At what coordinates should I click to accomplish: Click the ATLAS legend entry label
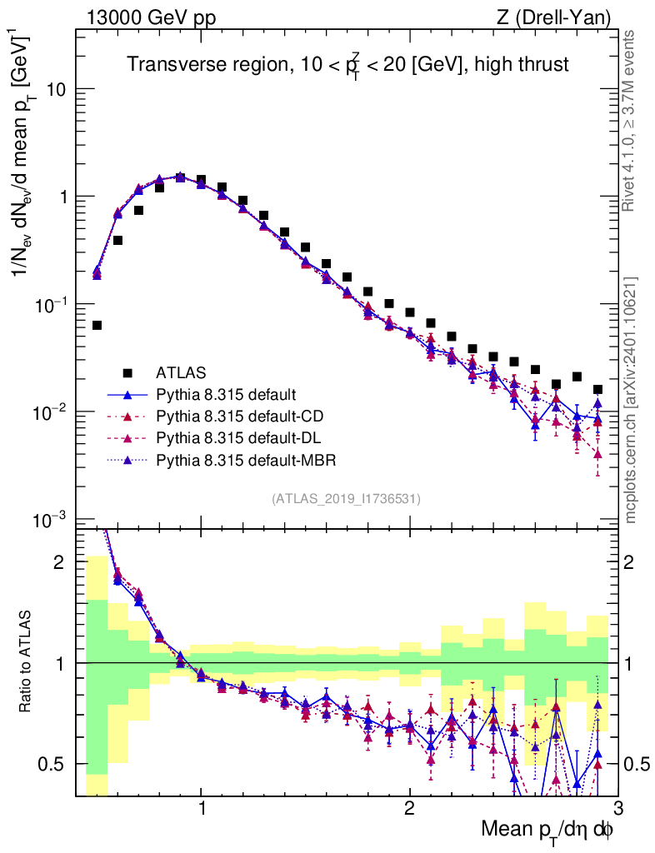[x=181, y=372]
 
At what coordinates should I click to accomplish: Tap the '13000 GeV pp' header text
[x=150, y=17]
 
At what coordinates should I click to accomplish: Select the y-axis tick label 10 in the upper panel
[x=56, y=89]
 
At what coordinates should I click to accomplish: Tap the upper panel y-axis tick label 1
[x=63, y=197]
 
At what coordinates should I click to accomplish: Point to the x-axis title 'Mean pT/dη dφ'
[x=547, y=831]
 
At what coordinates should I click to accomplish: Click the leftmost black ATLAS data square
[x=97, y=325]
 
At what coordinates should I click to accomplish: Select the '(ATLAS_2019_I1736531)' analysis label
[x=346, y=499]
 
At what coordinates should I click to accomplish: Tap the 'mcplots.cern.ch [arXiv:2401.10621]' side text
[x=632, y=400]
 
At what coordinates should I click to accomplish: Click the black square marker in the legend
[x=128, y=372]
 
